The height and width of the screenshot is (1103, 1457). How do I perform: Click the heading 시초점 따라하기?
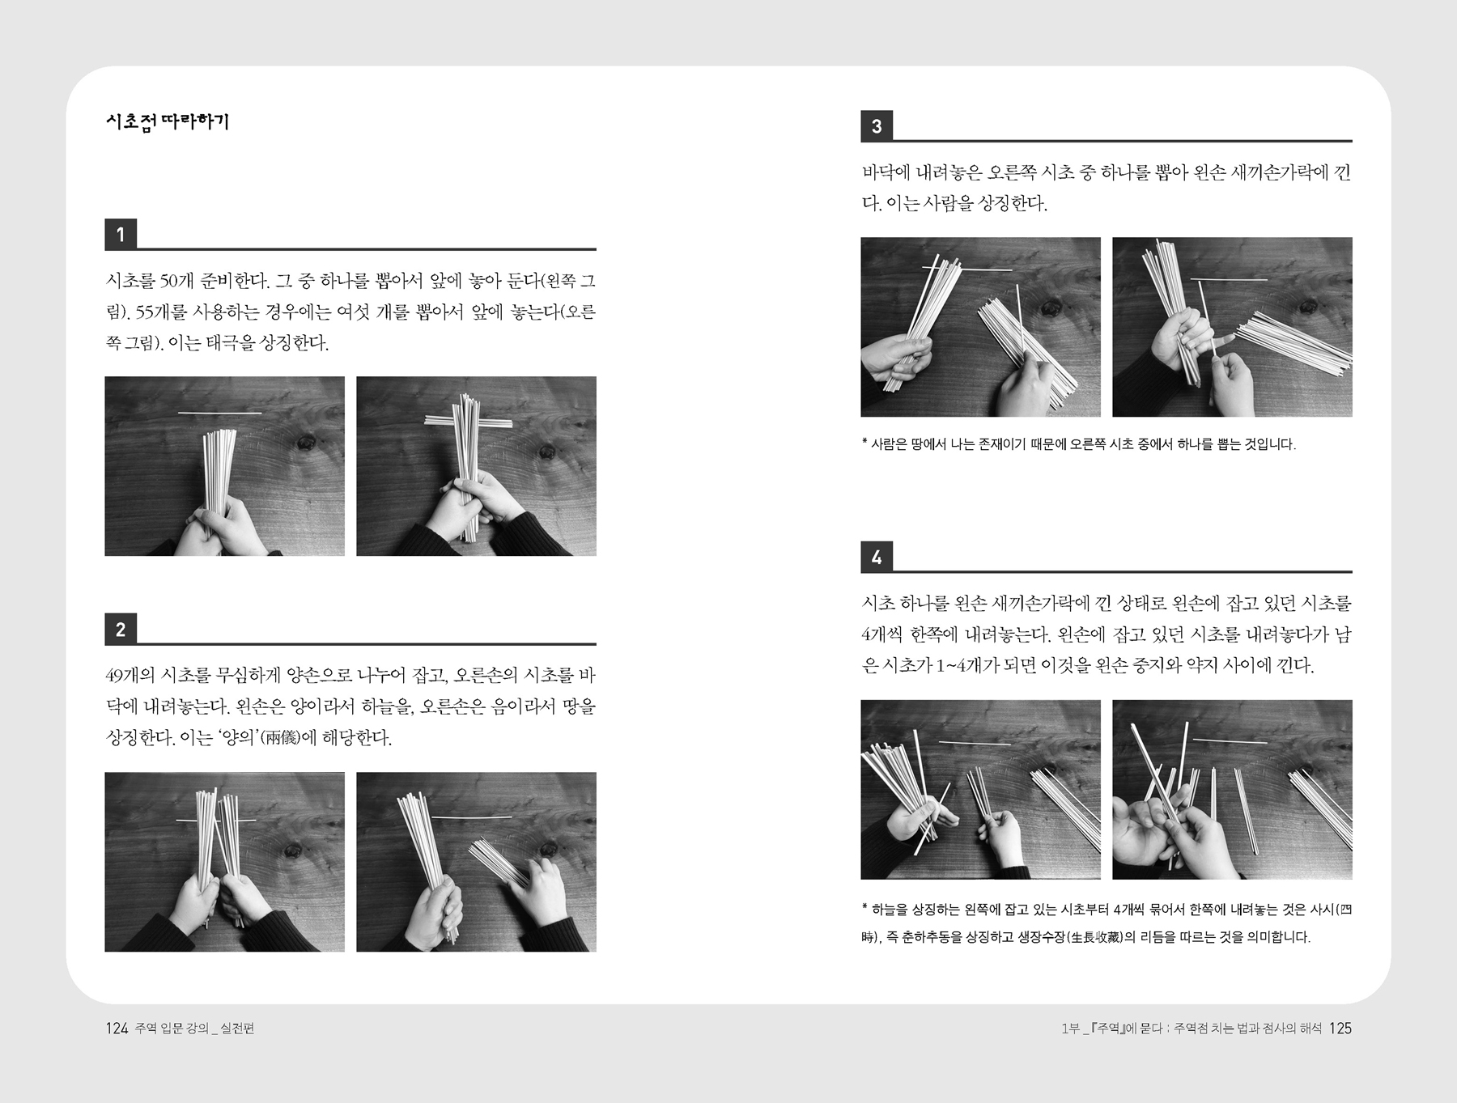(168, 122)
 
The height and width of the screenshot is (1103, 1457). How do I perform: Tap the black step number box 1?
(121, 235)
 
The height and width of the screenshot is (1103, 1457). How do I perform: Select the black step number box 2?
(121, 630)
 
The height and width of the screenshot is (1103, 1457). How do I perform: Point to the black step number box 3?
(877, 126)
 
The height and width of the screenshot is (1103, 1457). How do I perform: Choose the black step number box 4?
(877, 557)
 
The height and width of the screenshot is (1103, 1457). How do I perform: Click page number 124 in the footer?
(117, 1029)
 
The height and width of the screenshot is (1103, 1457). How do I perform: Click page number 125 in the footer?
(1340, 1029)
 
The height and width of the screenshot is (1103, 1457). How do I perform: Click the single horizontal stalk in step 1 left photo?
(219, 414)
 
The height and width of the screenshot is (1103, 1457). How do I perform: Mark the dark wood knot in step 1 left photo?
(306, 443)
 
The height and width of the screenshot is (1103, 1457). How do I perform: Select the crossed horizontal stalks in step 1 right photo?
(469, 421)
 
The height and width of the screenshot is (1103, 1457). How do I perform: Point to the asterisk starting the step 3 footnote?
(864, 442)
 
